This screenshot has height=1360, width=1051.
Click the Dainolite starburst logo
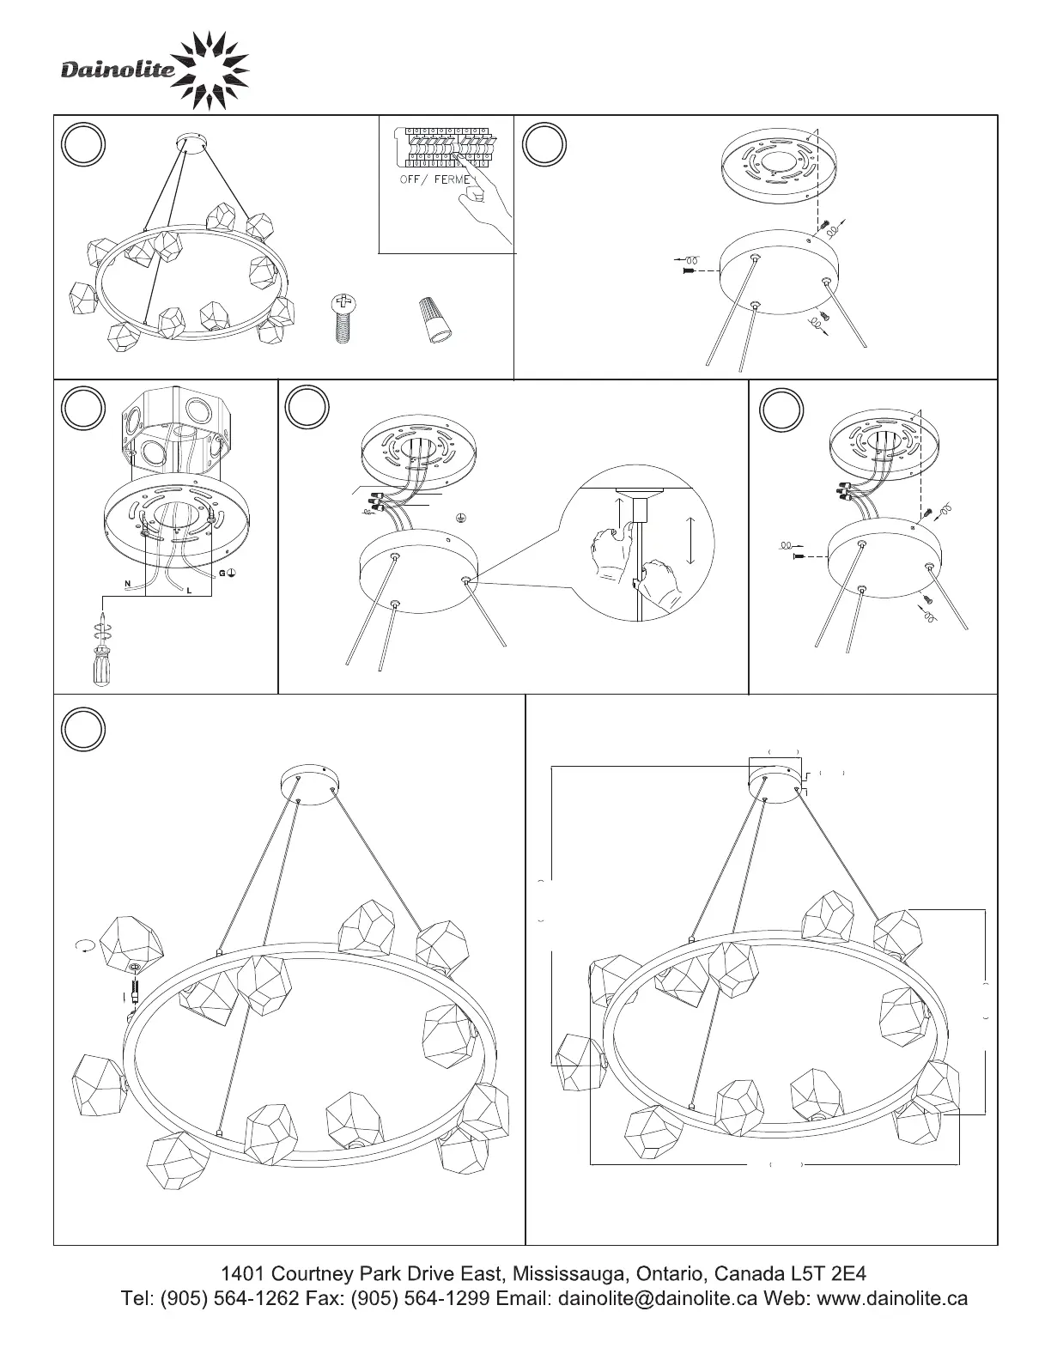point(210,70)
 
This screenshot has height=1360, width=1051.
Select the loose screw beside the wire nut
point(341,318)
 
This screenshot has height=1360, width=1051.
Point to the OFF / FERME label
point(434,179)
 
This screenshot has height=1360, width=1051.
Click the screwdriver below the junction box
point(103,651)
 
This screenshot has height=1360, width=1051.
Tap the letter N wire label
point(128,584)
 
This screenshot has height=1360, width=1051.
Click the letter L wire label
point(189,591)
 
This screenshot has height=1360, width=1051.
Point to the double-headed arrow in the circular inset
point(690,540)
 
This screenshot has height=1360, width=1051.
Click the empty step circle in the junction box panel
point(82,408)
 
